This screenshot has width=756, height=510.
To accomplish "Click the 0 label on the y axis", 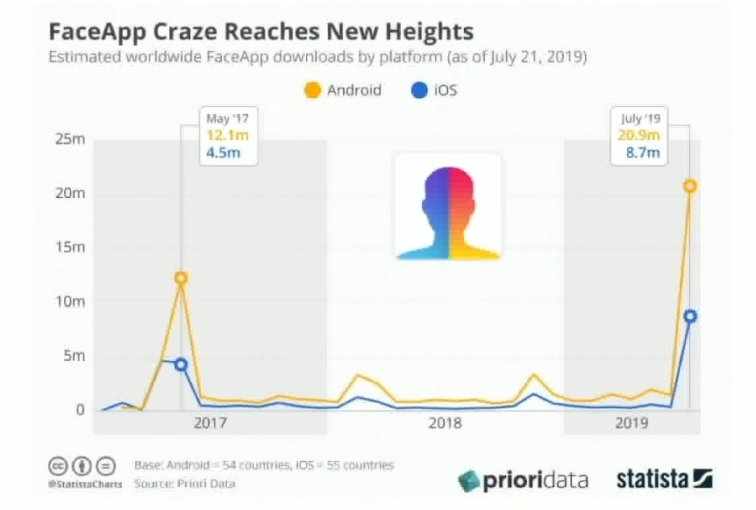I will [79, 410].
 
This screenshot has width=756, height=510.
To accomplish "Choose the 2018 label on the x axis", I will [445, 424].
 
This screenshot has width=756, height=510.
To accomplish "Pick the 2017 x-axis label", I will [210, 424].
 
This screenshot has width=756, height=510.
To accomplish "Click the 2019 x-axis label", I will [632, 424].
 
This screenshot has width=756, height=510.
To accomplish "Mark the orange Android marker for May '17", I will [181, 278].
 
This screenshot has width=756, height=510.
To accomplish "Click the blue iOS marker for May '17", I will [181, 365].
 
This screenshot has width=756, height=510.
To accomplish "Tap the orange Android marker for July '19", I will [690, 186].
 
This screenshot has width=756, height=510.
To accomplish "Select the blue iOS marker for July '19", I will [690, 316].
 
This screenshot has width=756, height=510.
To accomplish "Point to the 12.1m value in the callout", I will [224, 136].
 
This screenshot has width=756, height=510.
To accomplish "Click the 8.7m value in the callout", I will [645, 154].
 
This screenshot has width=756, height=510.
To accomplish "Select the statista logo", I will [664, 479].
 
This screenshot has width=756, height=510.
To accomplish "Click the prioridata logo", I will [523, 480].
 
